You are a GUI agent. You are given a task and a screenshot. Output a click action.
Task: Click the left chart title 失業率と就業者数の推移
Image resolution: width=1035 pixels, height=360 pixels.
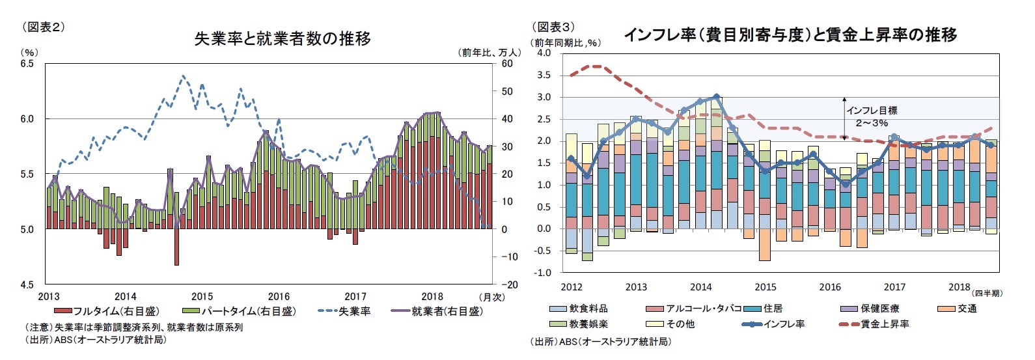[x=283, y=39]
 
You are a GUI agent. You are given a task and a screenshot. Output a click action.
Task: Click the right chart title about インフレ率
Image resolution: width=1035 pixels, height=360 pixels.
[x=790, y=35]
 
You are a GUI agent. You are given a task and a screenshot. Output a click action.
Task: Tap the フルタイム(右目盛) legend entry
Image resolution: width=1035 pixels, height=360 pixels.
[x=107, y=311]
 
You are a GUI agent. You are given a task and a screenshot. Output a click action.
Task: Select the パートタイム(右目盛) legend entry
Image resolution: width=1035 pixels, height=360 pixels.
[x=240, y=311]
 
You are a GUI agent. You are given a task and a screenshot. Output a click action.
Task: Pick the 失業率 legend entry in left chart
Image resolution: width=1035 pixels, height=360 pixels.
[x=344, y=311]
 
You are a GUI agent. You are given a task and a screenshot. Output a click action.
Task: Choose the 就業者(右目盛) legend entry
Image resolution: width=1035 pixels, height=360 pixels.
[x=437, y=311]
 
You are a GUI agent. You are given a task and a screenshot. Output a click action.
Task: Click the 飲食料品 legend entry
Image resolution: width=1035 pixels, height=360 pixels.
[x=579, y=309]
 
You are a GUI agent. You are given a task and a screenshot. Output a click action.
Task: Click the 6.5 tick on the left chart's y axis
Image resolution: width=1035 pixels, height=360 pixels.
[x=27, y=64]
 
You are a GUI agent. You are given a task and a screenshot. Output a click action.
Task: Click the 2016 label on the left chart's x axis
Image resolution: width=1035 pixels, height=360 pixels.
[x=279, y=297]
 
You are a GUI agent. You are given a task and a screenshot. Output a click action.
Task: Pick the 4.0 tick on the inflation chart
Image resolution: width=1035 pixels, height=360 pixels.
[x=543, y=53]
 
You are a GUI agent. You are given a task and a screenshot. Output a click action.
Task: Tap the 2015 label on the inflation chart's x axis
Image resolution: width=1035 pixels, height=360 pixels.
[x=766, y=287]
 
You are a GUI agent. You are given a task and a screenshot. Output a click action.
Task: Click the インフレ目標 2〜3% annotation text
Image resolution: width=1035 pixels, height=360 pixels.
[x=872, y=117]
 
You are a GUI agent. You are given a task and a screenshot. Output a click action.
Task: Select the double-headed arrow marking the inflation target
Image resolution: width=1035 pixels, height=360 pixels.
[x=844, y=118]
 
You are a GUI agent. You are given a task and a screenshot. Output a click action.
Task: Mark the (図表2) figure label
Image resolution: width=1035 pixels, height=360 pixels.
[x=44, y=27]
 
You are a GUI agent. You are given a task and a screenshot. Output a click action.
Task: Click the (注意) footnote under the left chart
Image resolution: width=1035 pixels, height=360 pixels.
[x=133, y=327]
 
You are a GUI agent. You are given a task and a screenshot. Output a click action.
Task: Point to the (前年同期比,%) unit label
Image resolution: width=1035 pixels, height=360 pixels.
[x=566, y=42]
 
